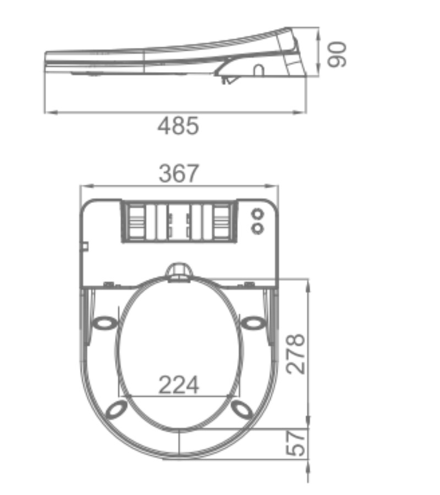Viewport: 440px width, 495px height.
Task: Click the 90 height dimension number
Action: [x=337, y=54]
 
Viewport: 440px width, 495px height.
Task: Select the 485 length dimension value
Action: [x=178, y=127]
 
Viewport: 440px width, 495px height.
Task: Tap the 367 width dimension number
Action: [x=179, y=174]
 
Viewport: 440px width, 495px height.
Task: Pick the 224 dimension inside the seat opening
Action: [x=179, y=384]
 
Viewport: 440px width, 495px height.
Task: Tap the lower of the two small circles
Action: [x=257, y=227]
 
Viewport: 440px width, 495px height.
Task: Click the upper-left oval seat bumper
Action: [x=105, y=322]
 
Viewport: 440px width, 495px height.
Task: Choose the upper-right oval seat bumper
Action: [x=253, y=322]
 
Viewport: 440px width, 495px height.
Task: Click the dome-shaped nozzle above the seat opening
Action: [x=179, y=271]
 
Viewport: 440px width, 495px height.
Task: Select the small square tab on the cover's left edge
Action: [x=85, y=246]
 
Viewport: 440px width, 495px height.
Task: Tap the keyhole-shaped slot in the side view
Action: [x=258, y=70]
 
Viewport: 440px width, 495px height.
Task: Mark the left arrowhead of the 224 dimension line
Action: [x=125, y=396]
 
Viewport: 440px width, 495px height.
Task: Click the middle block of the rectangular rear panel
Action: [x=179, y=222]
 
